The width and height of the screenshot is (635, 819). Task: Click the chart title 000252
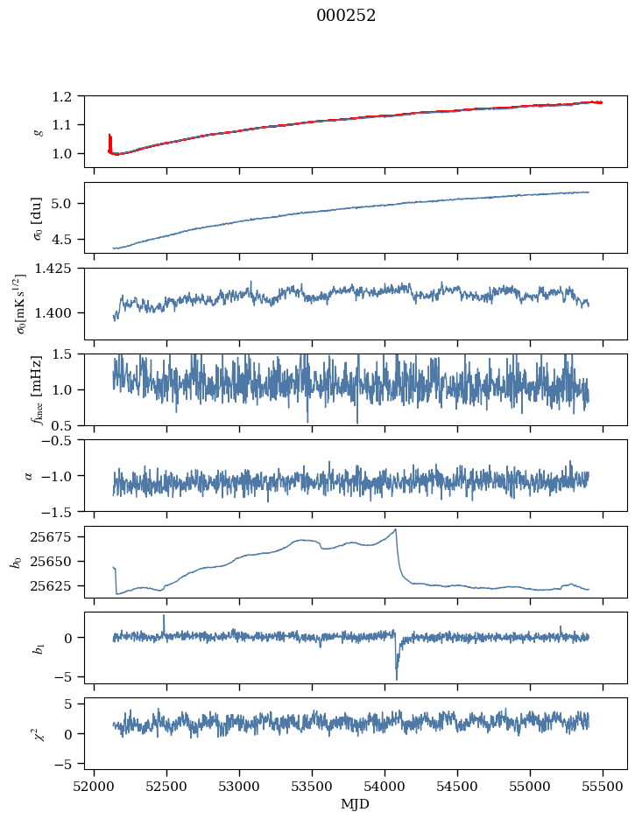(x=346, y=16)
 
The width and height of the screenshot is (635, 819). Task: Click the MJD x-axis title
(x=356, y=803)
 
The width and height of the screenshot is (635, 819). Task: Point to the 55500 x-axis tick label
(x=603, y=785)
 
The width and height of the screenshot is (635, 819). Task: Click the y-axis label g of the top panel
(x=37, y=131)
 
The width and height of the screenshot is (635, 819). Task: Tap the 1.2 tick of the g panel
(x=67, y=96)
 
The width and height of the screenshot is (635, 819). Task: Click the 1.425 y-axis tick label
(x=60, y=269)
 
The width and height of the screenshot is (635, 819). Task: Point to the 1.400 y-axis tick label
(x=60, y=312)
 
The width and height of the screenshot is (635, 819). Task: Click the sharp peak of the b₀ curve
(x=396, y=529)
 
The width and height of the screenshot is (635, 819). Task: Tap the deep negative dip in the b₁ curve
(x=397, y=678)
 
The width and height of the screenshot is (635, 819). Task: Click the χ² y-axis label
(x=37, y=733)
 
